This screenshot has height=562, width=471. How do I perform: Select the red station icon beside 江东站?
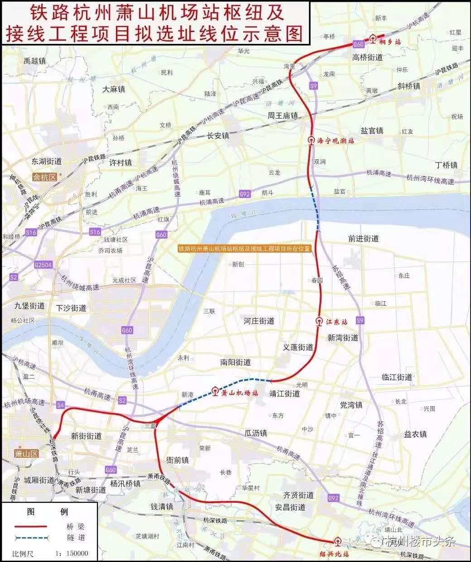click(x=319, y=322)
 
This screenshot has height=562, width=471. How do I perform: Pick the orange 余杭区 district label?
click(x=46, y=177)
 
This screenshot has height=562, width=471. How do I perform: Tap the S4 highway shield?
click(x=61, y=404)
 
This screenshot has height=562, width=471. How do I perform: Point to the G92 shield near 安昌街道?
click(x=333, y=499)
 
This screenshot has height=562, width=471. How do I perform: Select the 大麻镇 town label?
click(x=114, y=89)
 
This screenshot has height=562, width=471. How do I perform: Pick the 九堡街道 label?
click(x=29, y=307)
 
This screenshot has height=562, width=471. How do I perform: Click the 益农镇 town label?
click(x=415, y=434)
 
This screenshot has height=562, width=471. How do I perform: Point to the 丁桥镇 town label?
click(x=446, y=165)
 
